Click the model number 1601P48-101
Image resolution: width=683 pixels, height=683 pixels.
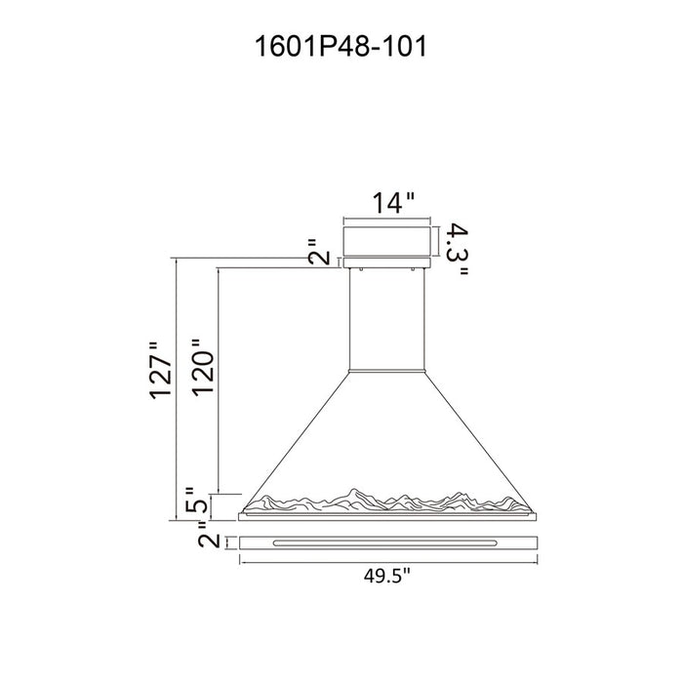341,47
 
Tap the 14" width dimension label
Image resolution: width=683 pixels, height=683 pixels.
393,203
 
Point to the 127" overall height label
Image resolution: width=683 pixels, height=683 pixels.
161,371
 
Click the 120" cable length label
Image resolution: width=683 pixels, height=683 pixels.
204,367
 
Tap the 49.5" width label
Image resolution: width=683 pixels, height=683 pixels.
386,577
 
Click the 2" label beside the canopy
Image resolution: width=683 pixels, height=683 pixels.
319,253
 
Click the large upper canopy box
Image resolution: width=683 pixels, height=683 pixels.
387,241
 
